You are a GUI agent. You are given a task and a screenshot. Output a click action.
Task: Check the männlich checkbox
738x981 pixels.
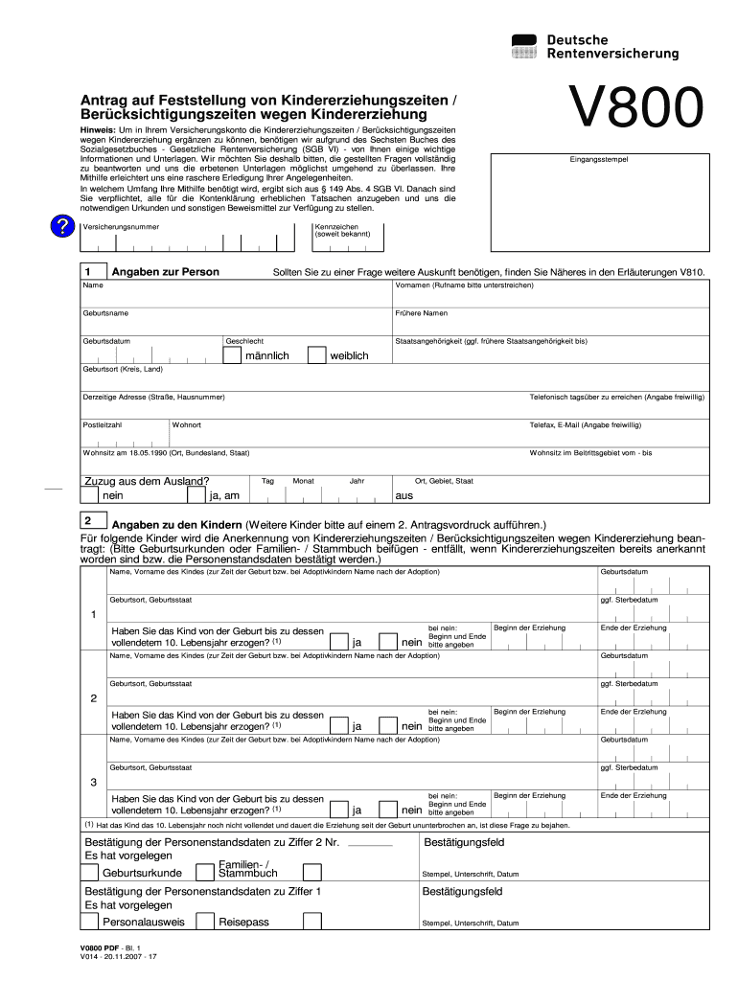coord(232,355)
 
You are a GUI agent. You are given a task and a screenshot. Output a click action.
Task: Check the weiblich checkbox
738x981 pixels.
coord(316,355)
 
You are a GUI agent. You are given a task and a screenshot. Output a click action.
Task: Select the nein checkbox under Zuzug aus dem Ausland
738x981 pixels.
coord(89,495)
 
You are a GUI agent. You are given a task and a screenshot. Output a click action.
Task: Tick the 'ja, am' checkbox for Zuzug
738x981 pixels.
coord(198,495)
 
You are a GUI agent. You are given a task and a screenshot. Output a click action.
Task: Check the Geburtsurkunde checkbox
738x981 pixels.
coord(89,873)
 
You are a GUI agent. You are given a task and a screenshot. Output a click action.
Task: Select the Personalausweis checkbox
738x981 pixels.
coord(89,922)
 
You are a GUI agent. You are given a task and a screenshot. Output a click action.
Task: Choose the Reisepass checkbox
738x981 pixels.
coord(204,922)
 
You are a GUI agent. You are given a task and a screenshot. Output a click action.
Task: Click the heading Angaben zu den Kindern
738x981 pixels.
coord(177,525)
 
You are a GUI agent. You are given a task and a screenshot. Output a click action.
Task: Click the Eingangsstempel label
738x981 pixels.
coord(599,159)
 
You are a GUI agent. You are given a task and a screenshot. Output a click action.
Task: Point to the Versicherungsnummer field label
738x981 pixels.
coord(121,227)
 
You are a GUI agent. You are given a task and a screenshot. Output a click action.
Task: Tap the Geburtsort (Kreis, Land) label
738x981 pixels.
coord(123,369)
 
